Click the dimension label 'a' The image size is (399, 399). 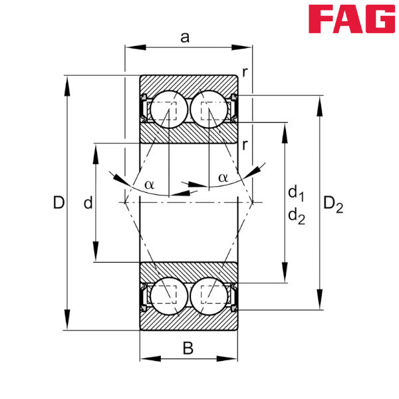(x=185, y=38)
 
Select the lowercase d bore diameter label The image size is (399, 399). (x=87, y=203)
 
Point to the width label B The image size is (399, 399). (x=188, y=347)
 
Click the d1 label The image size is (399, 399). (x=296, y=194)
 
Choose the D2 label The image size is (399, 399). (x=333, y=204)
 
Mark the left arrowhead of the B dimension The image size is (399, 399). (x=148, y=359)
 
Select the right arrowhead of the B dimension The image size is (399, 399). (x=229, y=359)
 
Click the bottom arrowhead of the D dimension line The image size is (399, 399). (x=66, y=321)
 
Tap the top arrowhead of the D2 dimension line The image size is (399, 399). (x=321, y=104)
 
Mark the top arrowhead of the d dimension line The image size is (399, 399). (x=95, y=152)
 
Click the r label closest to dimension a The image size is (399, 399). (x=245, y=72)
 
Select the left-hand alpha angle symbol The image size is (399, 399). (x=150, y=185)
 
